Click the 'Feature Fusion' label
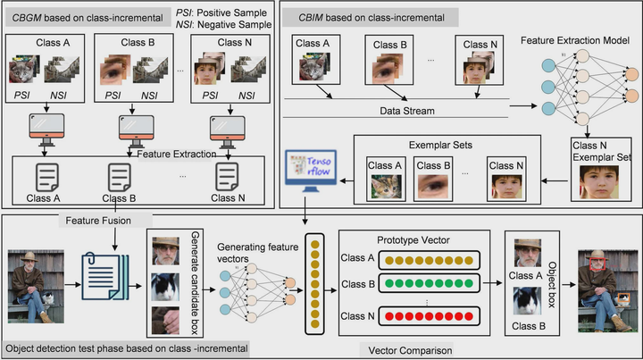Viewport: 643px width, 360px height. click(x=91, y=220)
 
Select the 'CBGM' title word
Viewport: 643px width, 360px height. click(x=26, y=16)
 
